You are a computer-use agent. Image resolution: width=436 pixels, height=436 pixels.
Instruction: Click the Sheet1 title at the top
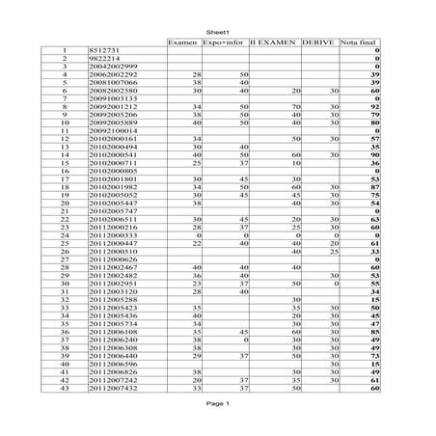point(217,32)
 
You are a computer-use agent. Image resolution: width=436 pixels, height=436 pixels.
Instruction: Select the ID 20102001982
point(112,187)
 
